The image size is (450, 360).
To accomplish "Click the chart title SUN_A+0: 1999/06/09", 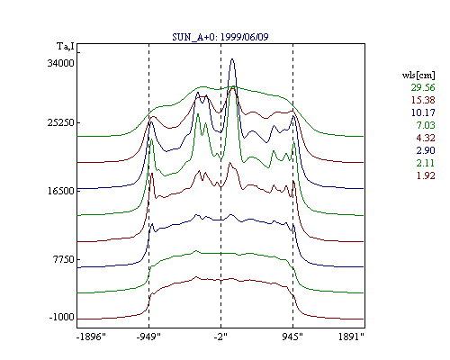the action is tap(220, 37).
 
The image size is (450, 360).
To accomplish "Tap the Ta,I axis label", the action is tap(65, 47).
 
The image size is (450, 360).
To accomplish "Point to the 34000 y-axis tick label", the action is tap(60, 63).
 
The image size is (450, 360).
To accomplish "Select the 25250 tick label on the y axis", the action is tap(60, 122).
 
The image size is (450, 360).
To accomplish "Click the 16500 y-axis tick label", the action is tap(60, 191).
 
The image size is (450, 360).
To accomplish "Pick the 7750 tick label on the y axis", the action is tap(64, 259).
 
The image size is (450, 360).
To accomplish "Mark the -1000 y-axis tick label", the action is tap(62, 317).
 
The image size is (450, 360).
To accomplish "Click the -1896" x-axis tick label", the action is tap(91, 337).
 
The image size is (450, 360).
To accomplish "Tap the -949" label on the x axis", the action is tap(148, 337).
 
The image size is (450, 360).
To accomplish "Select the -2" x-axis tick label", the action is tap(220, 337).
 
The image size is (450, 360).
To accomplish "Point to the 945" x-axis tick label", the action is tap(292, 337).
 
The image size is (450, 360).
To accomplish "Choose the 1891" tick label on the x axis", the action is tap(351, 337).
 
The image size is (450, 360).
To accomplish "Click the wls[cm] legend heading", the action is tap(418, 75).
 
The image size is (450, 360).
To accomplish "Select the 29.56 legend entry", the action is tap(423, 87).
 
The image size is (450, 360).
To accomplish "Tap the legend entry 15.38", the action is tap(423, 100).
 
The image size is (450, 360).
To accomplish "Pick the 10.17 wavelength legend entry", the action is tap(423, 112).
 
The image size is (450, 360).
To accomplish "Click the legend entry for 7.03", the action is tap(426, 125).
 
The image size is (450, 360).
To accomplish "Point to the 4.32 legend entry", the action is tap(426, 138).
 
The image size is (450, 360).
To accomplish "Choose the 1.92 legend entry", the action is tap(426, 175).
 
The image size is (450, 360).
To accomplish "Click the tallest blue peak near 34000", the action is tap(232, 59).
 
